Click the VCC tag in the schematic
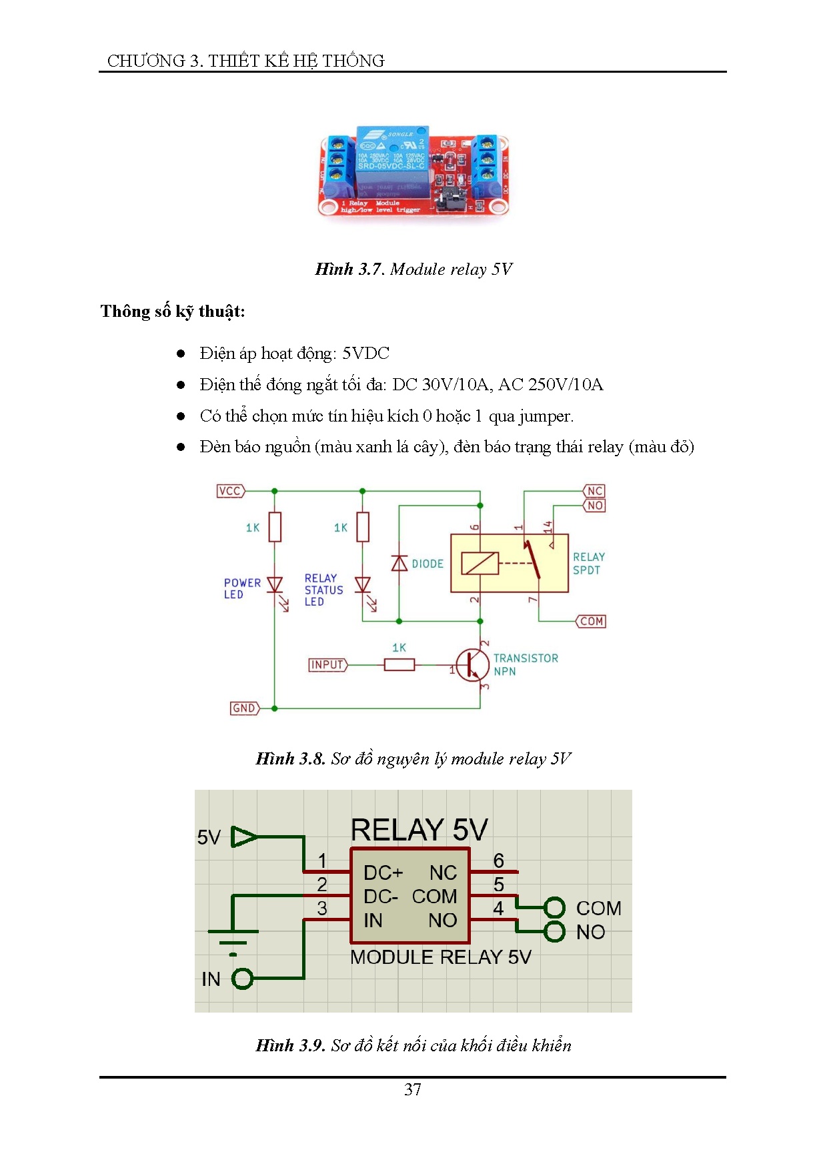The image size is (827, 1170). (x=230, y=491)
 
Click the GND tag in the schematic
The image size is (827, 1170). (x=243, y=708)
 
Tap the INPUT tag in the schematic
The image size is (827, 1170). (x=327, y=664)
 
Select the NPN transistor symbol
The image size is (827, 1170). (x=472, y=665)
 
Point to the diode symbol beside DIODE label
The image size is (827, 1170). (x=399, y=564)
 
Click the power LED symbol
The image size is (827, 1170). (x=275, y=585)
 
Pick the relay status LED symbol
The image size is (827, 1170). (x=363, y=585)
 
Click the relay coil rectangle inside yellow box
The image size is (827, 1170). (x=480, y=564)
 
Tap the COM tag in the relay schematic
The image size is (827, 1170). (x=591, y=621)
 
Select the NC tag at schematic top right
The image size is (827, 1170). (x=594, y=491)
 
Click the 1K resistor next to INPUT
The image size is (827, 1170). (x=399, y=664)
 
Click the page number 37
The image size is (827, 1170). (x=413, y=1089)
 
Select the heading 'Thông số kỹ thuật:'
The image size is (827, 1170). (x=173, y=312)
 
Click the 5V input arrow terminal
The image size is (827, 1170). (x=243, y=836)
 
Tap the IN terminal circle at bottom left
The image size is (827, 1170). (x=242, y=979)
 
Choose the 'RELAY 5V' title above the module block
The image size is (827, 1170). (x=419, y=830)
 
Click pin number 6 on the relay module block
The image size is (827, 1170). (x=498, y=860)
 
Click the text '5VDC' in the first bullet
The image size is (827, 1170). (x=365, y=353)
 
